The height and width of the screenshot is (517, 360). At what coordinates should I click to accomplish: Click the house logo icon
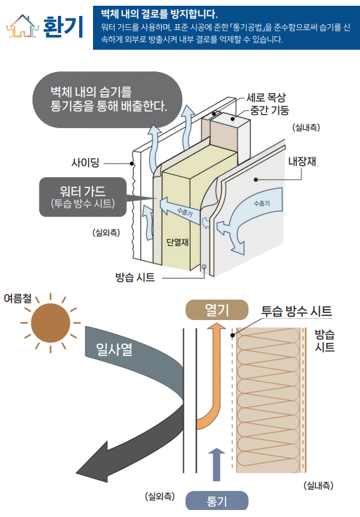pos(22,25)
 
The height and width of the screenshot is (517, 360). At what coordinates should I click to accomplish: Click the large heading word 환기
pos(63,27)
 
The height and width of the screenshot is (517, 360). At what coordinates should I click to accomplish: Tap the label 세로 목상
pos(266,98)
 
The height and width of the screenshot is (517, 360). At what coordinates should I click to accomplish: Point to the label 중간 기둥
pos(270,110)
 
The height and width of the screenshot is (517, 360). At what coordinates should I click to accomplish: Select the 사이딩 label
pos(85,163)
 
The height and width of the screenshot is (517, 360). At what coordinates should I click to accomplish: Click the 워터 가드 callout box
pos(83,197)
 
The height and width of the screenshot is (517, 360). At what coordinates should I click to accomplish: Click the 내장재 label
pos(302,161)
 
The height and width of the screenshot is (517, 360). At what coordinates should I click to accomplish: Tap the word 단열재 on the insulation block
pos(177,242)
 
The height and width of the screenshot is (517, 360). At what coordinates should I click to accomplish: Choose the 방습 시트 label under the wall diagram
pos(135,277)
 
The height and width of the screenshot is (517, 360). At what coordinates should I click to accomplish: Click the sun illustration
pos(50,323)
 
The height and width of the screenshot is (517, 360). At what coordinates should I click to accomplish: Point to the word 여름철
pos(18,298)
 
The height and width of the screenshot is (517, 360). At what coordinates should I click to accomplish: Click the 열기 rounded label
pos(217,310)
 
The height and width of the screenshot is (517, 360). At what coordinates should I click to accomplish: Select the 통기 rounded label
pos(217,501)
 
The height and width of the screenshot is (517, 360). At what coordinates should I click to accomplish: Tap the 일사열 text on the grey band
pos(114,349)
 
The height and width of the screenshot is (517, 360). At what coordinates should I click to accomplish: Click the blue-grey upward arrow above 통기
pos(216,465)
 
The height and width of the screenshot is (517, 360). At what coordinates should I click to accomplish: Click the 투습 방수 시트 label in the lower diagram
pos(296,311)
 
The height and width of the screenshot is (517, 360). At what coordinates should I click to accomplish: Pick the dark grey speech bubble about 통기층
pos(108,99)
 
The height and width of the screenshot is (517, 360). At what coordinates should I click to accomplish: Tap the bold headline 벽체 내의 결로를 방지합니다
pos(159,14)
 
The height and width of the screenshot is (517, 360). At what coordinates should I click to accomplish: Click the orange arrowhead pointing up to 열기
pos(217,326)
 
